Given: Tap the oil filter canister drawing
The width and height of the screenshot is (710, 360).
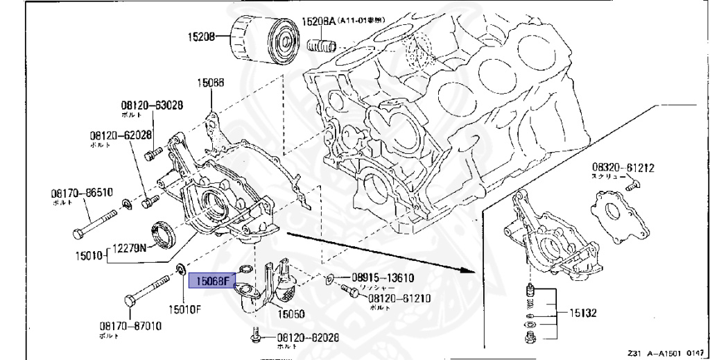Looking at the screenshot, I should click(261, 41).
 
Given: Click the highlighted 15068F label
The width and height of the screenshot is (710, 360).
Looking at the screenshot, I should click(211, 281).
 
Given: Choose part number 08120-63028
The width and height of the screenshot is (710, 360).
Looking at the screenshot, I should click(150, 105).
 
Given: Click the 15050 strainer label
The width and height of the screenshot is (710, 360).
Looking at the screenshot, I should click(292, 314).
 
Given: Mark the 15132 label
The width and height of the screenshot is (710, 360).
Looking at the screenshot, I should click(579, 314).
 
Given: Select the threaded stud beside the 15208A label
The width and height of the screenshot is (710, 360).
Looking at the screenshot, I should click(321, 47).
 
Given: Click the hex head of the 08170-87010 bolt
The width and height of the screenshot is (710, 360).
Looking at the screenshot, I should click(130, 302).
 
